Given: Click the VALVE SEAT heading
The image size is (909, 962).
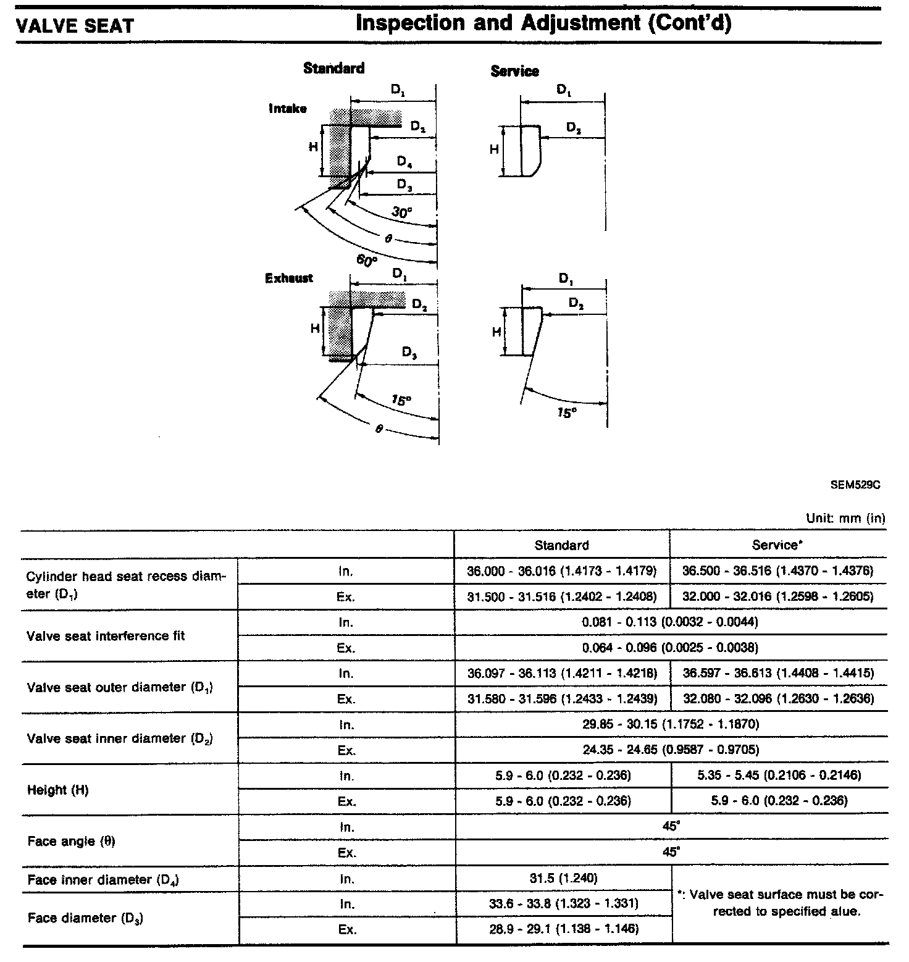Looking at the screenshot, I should tap(75, 26).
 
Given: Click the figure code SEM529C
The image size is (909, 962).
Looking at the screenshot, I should tap(855, 485).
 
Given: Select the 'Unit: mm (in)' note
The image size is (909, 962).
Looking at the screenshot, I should tap(845, 518).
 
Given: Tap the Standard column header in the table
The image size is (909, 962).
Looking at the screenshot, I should tap(561, 545).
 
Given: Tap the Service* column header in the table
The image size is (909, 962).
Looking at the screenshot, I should tap(777, 545).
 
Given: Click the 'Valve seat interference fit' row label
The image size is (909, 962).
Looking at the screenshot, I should tap(106, 635).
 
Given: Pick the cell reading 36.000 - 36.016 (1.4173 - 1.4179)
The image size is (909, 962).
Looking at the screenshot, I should tap(561, 571).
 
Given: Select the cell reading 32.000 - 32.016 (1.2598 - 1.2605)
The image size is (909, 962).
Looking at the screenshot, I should tap(777, 596).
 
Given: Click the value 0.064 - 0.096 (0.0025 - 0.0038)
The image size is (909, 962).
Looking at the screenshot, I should tap(670, 648).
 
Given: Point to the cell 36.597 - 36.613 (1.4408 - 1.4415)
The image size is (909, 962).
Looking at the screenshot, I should tap(778, 673).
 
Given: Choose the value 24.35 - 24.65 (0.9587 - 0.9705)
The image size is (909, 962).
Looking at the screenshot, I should tap(670, 750).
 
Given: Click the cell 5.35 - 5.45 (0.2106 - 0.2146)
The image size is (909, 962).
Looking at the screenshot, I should tap(779, 775).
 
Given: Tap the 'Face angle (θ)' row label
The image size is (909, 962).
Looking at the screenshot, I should tap(71, 841).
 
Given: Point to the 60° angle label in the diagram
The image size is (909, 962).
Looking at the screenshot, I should tap(366, 261).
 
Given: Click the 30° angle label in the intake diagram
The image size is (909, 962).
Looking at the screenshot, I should tap(401, 213).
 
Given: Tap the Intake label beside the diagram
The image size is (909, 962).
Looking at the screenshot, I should tap(288, 109).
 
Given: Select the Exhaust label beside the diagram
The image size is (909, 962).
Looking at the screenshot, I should tap(289, 278).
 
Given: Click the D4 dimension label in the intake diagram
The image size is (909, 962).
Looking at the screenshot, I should tap(405, 162).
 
